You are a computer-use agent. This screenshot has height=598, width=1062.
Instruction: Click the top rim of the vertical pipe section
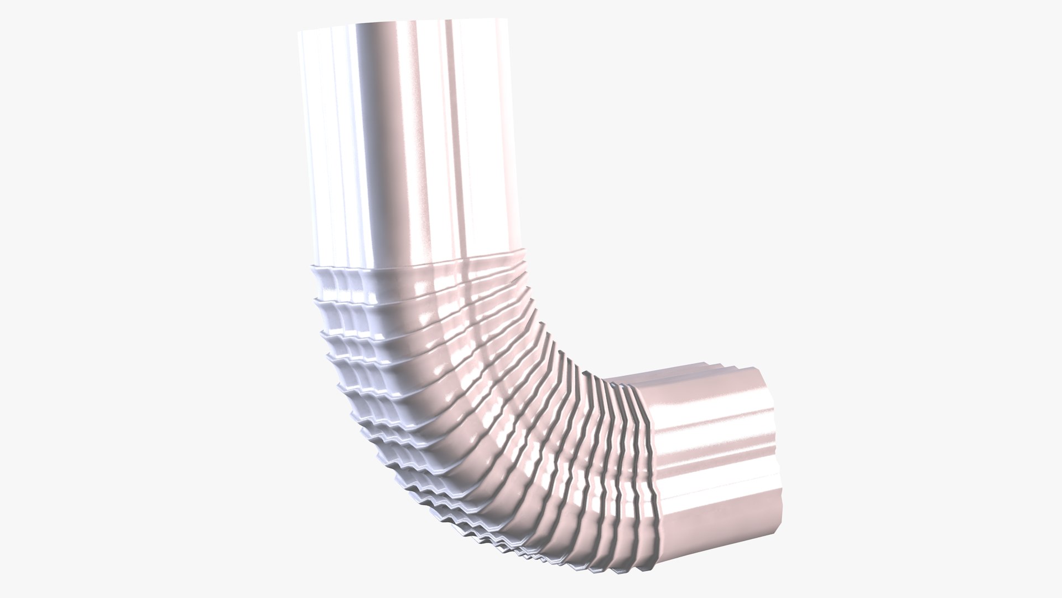point(404,22)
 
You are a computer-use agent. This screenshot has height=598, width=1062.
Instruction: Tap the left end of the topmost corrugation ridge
point(313,269)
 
